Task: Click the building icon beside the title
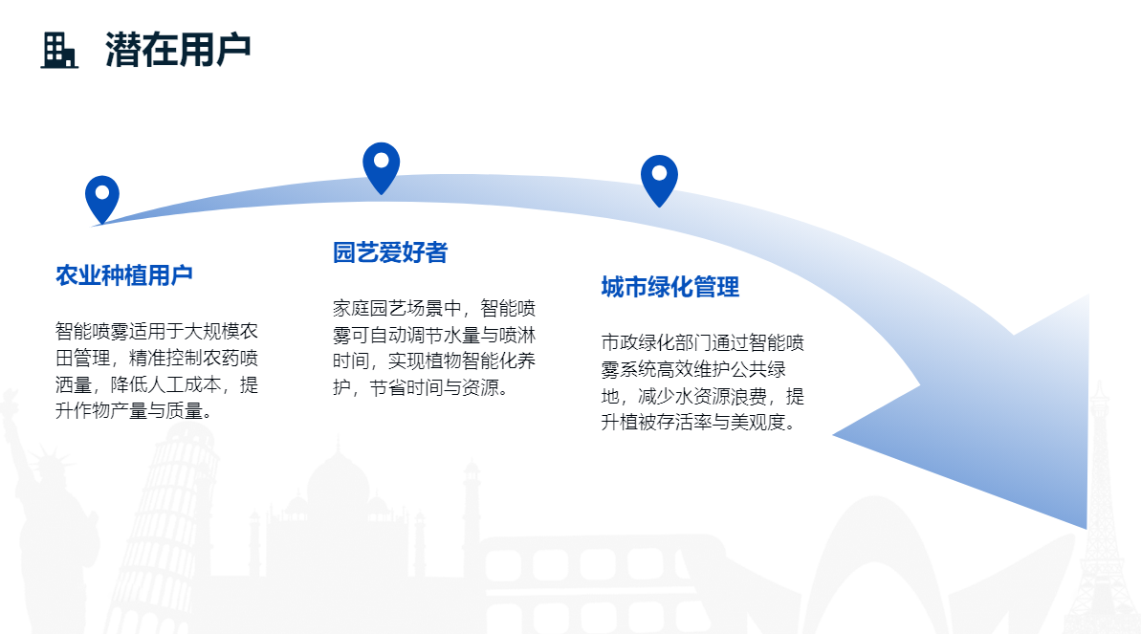(59, 51)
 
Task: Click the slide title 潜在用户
(178, 50)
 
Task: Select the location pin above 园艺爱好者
(382, 168)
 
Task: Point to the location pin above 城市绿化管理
(659, 181)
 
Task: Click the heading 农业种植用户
(124, 275)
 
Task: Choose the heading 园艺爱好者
(390, 252)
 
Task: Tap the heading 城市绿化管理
(670, 287)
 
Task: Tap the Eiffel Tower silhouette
(1100, 510)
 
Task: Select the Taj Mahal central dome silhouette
(338, 477)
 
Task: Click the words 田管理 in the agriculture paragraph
(83, 359)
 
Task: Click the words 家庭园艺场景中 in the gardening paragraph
(397, 309)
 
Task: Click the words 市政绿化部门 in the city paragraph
(656, 343)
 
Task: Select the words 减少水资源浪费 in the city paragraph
(702, 396)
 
